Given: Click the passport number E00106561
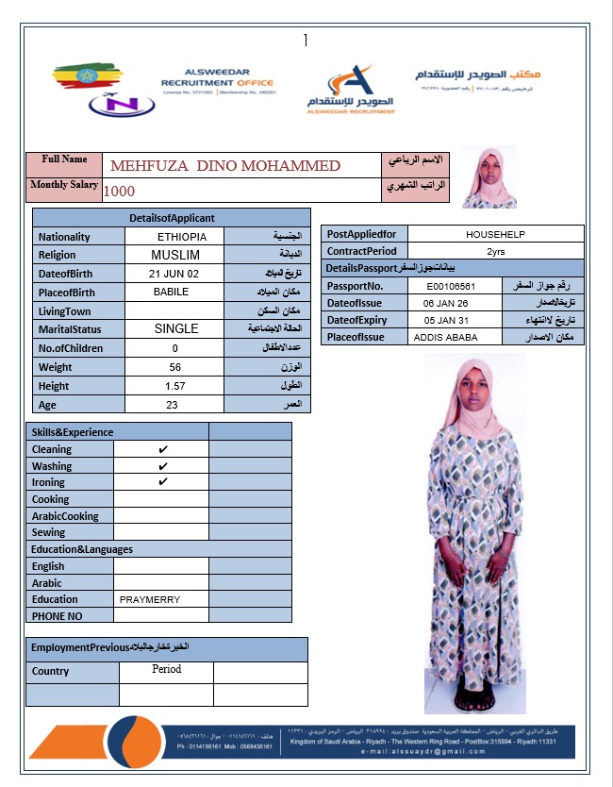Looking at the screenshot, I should pos(451,286).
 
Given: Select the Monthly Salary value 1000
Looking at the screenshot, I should pos(120,190).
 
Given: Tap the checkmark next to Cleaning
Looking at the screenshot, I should pos(163,450).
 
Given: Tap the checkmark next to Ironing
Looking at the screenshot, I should pos(163,482).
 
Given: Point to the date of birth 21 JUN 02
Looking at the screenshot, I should pos(174,274).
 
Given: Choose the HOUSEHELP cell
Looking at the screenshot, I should pos(495,234).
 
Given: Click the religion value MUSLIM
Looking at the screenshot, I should pos(175,255).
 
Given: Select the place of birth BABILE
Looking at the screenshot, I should pos(172,293).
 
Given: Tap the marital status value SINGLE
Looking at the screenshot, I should pos(176,329).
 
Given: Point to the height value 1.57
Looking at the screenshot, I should pos(174,386).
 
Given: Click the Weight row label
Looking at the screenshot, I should pos(56,367).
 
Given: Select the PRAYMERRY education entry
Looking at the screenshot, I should pos(150,599).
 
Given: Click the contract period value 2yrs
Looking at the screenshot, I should pos(495,252).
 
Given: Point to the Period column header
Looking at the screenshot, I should pos(166,669).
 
